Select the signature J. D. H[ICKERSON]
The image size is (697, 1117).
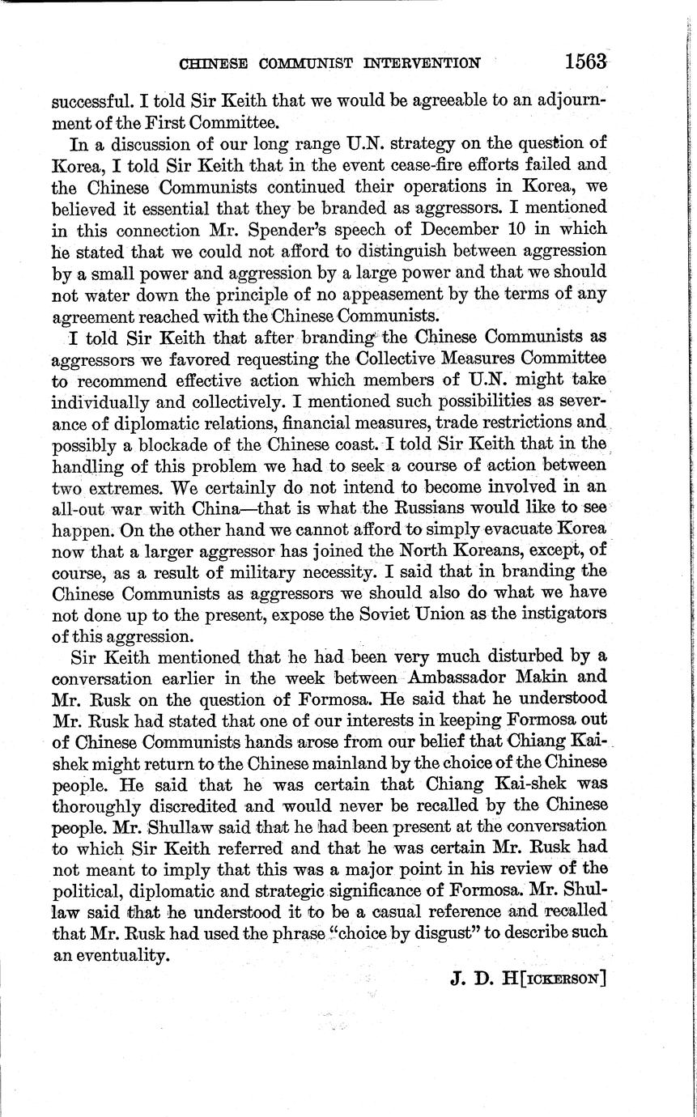[528, 977]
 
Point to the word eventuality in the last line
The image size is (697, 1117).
[118, 955]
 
